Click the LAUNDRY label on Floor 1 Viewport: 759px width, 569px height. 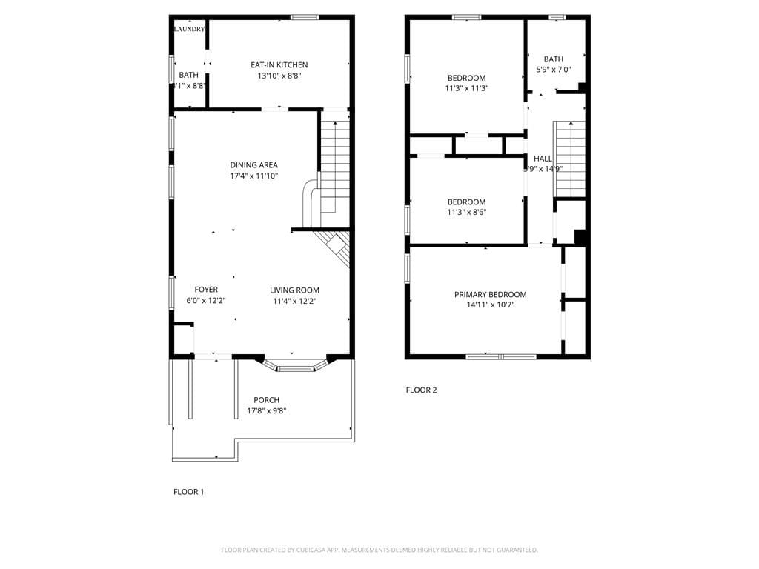click(189, 29)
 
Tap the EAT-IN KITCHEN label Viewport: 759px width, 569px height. click(279, 65)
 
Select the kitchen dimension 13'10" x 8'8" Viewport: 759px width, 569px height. click(279, 76)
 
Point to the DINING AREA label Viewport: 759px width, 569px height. click(253, 165)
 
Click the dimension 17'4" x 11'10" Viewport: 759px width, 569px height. click(253, 176)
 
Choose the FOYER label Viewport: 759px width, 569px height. click(206, 290)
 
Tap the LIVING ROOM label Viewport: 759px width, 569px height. click(294, 290)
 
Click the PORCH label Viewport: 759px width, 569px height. click(266, 400)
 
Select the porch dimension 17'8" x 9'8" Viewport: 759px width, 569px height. click(266, 411)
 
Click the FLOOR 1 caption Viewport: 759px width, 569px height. click(188, 491)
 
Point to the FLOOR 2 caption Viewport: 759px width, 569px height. click(421, 390)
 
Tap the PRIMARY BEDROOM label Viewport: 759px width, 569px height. click(490, 294)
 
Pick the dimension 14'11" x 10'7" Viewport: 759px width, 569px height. click(490, 305)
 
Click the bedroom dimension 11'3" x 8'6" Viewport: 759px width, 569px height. click(466, 212)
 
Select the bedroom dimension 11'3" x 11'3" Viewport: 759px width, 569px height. click(466, 88)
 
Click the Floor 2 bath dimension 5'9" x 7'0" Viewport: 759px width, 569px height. click(553, 70)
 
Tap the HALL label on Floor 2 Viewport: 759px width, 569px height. click(543, 159)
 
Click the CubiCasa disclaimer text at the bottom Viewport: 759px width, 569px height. click(379, 550)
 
